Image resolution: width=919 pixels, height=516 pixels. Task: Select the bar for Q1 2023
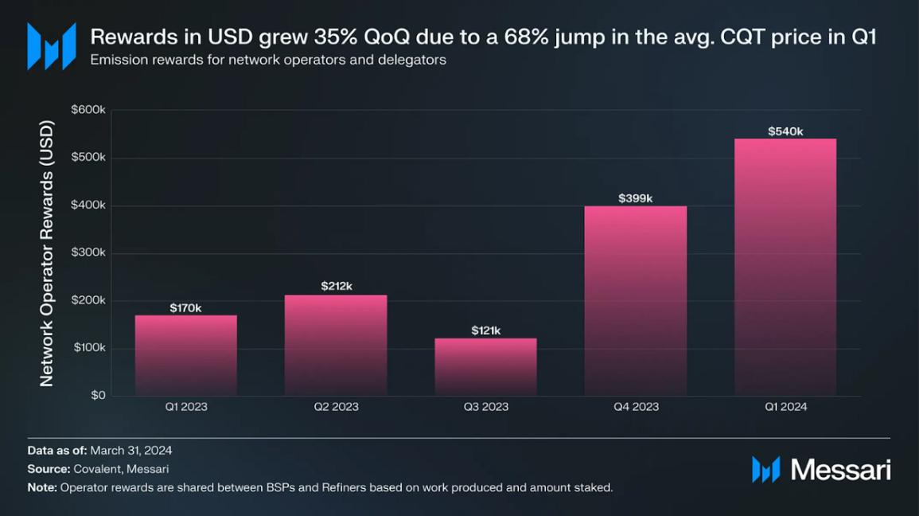coord(185,355)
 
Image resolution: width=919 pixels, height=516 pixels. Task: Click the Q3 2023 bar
coord(485,366)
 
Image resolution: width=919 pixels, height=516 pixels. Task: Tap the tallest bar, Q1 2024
coord(785,267)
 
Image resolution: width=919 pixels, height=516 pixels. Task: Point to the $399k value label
coord(636,198)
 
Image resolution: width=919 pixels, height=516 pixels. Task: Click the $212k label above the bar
coord(336,286)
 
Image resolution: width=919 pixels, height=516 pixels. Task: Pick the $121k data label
coord(485,330)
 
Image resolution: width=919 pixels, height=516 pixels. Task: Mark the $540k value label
coord(785,131)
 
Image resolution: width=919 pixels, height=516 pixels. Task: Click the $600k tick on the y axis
coord(88,110)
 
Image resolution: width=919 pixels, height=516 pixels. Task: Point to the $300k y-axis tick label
coord(88,252)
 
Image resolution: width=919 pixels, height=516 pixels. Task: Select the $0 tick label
coord(97,396)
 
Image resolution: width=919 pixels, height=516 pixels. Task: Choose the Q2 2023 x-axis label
coord(336,407)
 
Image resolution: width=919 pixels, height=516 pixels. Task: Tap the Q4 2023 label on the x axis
coord(636,407)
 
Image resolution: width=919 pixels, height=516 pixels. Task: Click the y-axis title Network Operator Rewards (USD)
coord(47,253)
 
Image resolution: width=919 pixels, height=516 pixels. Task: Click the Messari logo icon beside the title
coord(52,45)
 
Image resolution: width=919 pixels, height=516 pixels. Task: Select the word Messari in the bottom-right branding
coord(841,470)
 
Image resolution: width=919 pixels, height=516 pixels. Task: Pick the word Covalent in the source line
coord(93,470)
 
